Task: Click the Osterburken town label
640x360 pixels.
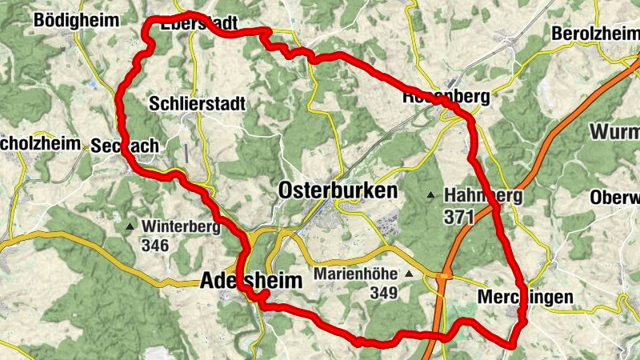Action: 338,191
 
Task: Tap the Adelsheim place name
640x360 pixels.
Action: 252,282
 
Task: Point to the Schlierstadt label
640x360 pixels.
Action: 197,104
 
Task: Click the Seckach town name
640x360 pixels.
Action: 125,146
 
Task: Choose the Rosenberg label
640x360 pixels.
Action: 446,97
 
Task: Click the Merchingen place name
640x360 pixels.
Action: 525,298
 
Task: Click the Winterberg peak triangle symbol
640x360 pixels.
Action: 130,227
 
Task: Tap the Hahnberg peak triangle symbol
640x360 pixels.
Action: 432,195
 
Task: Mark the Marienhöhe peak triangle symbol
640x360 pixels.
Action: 409,274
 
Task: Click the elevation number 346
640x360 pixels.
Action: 154,246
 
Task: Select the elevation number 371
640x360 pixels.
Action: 461,217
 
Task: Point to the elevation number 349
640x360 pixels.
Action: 383,294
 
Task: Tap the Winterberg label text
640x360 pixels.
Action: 182,227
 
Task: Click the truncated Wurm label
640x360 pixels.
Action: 614,130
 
